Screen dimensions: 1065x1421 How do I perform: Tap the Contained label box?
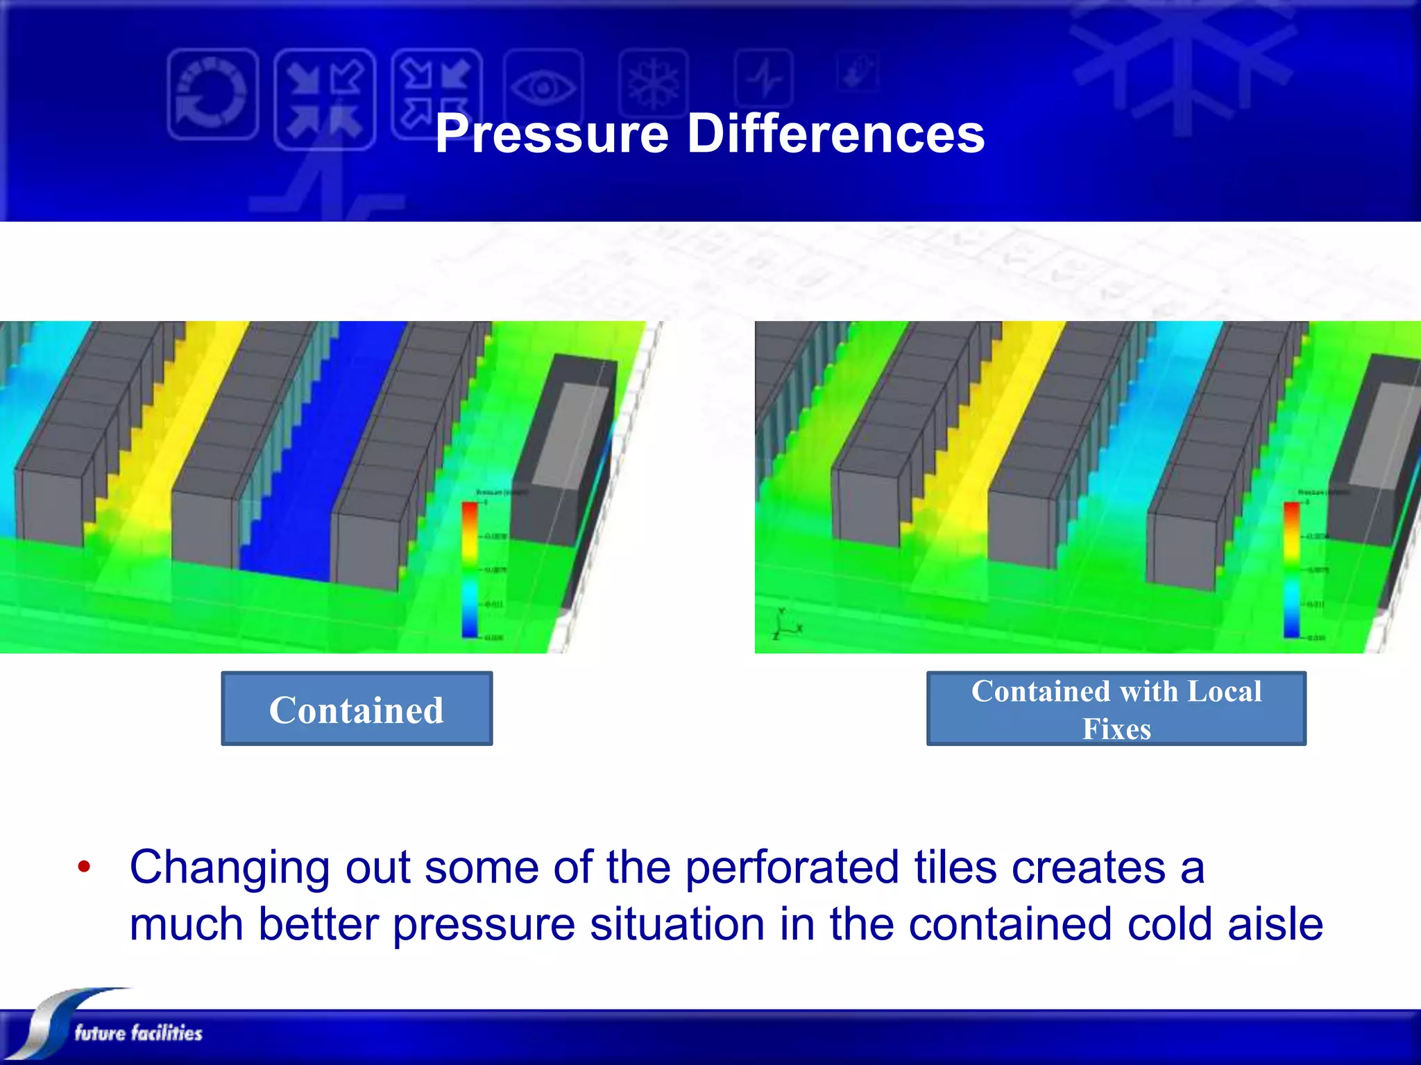click(357, 709)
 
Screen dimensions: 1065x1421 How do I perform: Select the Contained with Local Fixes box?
click(1116, 709)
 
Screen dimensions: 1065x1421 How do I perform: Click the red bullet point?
click(84, 867)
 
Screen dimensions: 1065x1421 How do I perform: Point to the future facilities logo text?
click(138, 1033)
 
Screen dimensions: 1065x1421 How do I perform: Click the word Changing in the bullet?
click(230, 868)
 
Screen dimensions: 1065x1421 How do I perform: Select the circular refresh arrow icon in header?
click(212, 94)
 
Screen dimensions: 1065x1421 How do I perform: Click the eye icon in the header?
click(543, 87)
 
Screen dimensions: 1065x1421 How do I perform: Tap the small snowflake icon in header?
click(653, 83)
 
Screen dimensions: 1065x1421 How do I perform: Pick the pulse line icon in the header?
click(764, 80)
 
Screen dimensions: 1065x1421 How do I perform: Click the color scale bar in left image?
click(470, 569)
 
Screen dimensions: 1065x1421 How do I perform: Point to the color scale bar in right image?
click(1291, 569)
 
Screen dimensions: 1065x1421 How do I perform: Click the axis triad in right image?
click(784, 624)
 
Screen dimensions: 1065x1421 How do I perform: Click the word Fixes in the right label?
click(1116, 729)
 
